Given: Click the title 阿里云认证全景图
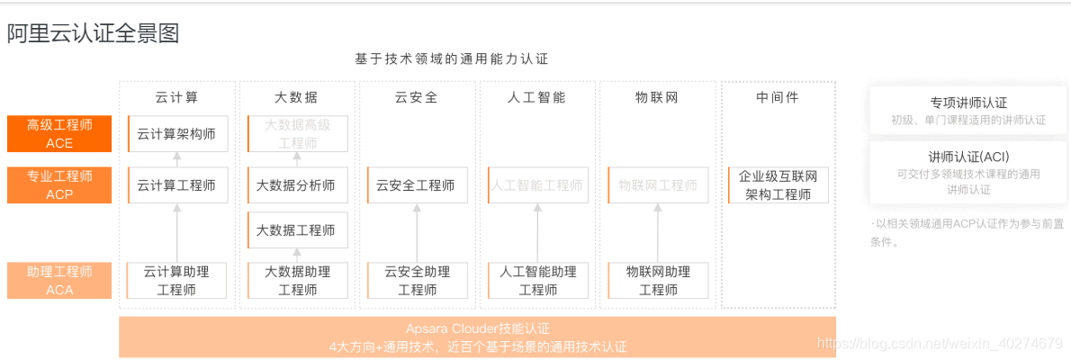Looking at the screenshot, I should pyautogui.click(x=94, y=34).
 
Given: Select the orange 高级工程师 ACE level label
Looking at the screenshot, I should pyautogui.click(x=59, y=134).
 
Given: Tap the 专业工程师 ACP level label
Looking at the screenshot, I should pyautogui.click(x=59, y=185).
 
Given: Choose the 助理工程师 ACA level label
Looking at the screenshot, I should pyautogui.click(x=59, y=280).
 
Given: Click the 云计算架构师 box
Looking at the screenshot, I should pyautogui.click(x=176, y=134).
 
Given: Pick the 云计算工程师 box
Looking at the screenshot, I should pyautogui.click(x=176, y=185).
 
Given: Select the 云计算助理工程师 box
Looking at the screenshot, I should pyautogui.click(x=176, y=280).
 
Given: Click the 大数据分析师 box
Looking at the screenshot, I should pyautogui.click(x=296, y=185).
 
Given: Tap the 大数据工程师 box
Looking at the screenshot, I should pyautogui.click(x=296, y=229).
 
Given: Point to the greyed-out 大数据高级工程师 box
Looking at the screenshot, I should pyautogui.click(x=296, y=134).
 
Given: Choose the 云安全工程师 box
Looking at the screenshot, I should pyautogui.click(x=416, y=185).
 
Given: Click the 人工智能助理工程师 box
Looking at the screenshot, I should pyautogui.click(x=537, y=280).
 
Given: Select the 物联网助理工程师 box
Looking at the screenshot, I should pyautogui.click(x=658, y=280).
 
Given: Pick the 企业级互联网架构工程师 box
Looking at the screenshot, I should pyautogui.click(x=778, y=185).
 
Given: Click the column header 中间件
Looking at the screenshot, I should pyautogui.click(x=778, y=97).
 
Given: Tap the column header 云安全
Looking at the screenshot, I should pyautogui.click(x=416, y=97).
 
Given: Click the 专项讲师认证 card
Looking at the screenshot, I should pyautogui.click(x=968, y=111).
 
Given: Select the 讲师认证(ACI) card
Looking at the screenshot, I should pyautogui.click(x=968, y=172).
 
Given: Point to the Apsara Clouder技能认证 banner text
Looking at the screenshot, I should pyautogui.click(x=477, y=329).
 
